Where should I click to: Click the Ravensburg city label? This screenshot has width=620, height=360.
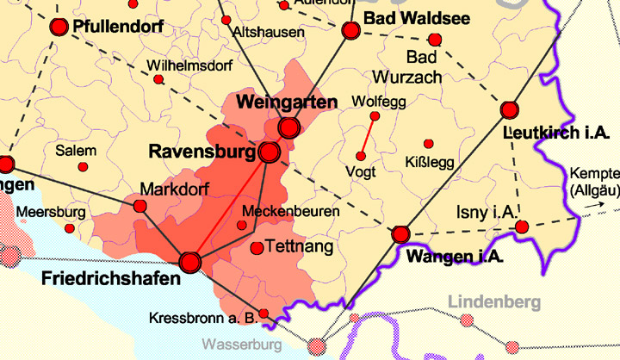(202, 152)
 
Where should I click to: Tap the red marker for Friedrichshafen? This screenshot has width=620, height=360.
(190, 261)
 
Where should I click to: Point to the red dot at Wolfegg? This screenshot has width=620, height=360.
(375, 115)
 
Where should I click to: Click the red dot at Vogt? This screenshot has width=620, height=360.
(361, 156)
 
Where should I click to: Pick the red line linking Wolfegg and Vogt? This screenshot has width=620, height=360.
(368, 136)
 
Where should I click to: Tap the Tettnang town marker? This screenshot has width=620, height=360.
(256, 248)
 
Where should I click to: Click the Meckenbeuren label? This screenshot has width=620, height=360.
(291, 211)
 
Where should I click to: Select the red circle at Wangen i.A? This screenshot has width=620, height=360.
(400, 234)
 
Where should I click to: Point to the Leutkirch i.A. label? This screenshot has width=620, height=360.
(555, 133)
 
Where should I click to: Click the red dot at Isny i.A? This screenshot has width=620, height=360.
(522, 227)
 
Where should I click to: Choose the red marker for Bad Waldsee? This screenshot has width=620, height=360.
(350, 31)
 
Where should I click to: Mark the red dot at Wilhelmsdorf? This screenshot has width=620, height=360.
(158, 79)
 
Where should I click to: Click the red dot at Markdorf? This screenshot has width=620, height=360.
(140, 206)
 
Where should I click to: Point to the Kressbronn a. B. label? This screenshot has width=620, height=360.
(203, 318)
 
